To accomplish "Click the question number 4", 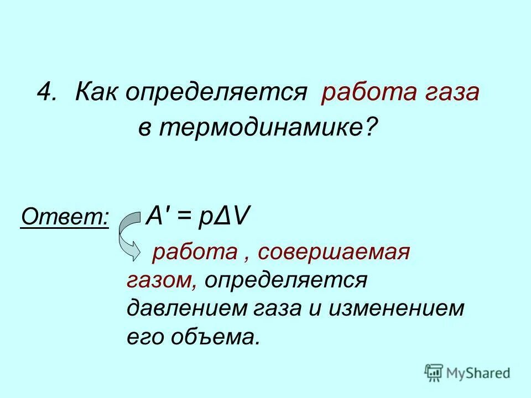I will [47, 92].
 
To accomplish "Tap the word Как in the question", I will [96, 92].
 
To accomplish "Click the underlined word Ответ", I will [65, 216].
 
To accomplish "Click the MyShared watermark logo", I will [467, 373].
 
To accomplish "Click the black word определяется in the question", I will [215, 92].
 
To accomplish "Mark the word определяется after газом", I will [285, 280].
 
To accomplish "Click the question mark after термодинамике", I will [369, 128].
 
